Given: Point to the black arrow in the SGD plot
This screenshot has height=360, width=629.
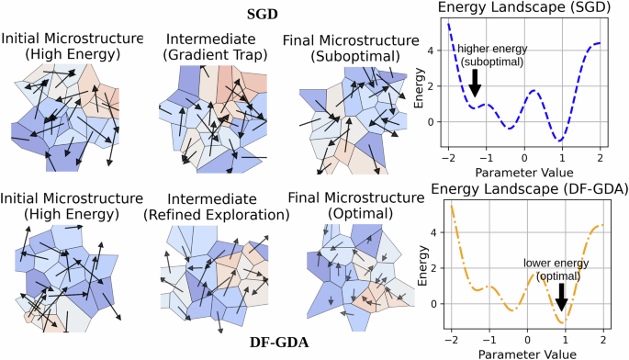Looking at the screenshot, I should pyautogui.click(x=475, y=86).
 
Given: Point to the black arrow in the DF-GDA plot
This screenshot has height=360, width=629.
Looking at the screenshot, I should pyautogui.click(x=561, y=297).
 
